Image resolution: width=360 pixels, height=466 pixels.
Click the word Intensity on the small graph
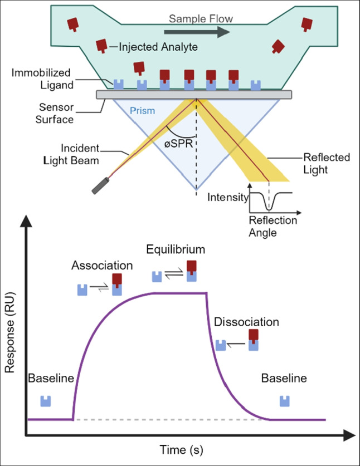pos(226,197)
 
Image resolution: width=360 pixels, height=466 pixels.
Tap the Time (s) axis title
pos(177,449)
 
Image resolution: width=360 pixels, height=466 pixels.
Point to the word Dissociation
pos(246,322)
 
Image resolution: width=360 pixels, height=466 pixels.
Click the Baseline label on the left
pos(51,379)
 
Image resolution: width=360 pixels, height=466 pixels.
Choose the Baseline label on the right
pos(284,379)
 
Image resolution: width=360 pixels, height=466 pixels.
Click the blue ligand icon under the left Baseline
pos(46,401)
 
